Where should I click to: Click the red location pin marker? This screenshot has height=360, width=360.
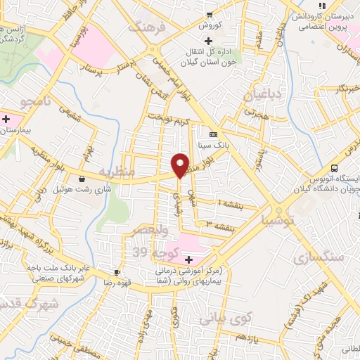point(181,165)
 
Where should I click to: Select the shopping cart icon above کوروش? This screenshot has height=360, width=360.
point(209,14)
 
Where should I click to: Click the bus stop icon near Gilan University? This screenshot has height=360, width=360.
point(334,169)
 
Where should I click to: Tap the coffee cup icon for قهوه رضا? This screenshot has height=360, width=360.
point(117,272)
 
